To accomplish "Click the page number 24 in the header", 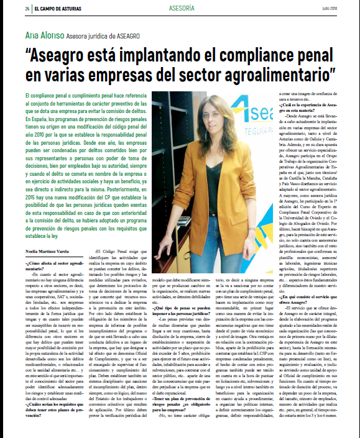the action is pyautogui.click(x=27, y=9).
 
